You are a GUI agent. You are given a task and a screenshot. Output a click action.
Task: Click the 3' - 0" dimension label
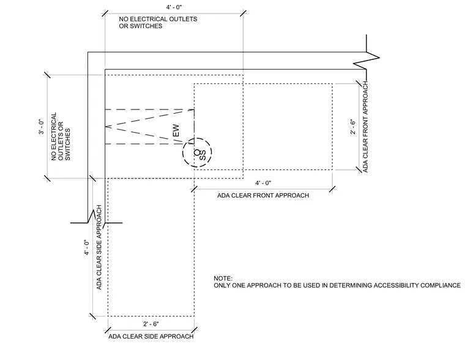41,127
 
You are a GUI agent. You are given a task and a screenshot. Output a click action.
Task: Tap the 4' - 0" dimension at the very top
174,7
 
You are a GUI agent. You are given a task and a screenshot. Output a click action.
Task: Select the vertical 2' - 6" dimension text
352,127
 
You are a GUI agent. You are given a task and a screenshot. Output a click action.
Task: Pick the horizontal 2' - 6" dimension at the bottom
151,324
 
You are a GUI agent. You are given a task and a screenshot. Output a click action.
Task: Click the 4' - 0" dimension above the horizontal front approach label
263,183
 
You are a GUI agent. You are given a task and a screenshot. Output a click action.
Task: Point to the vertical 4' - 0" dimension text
87,247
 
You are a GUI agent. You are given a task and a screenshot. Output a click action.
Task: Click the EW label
176,131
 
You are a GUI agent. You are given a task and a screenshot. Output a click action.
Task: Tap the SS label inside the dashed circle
203,155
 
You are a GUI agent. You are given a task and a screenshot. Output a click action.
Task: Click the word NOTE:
223,279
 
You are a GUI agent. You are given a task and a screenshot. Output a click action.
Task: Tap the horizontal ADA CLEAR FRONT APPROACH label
263,196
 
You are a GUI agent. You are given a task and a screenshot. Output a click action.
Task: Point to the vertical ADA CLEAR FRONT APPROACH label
365,127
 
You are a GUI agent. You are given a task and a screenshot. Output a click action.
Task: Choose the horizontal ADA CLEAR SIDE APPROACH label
151,337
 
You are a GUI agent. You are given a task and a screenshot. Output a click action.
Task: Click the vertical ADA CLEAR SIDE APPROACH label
99,248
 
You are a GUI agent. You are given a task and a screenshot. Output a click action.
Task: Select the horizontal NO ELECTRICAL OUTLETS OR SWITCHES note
158,23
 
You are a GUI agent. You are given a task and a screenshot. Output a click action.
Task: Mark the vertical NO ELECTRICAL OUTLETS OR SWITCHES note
61,136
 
